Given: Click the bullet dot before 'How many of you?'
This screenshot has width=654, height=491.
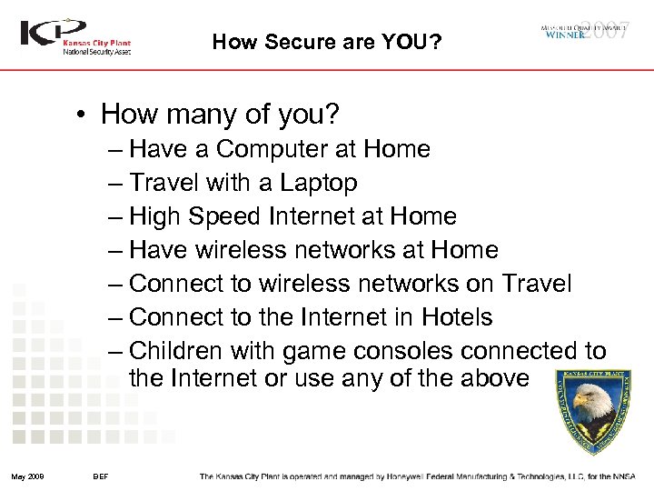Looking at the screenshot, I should point(83,115).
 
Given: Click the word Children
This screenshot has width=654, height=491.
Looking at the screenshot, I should point(175,351).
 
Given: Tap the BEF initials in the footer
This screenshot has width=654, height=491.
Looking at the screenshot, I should point(101,476).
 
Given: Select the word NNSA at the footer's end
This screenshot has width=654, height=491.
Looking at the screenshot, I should point(625,476).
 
